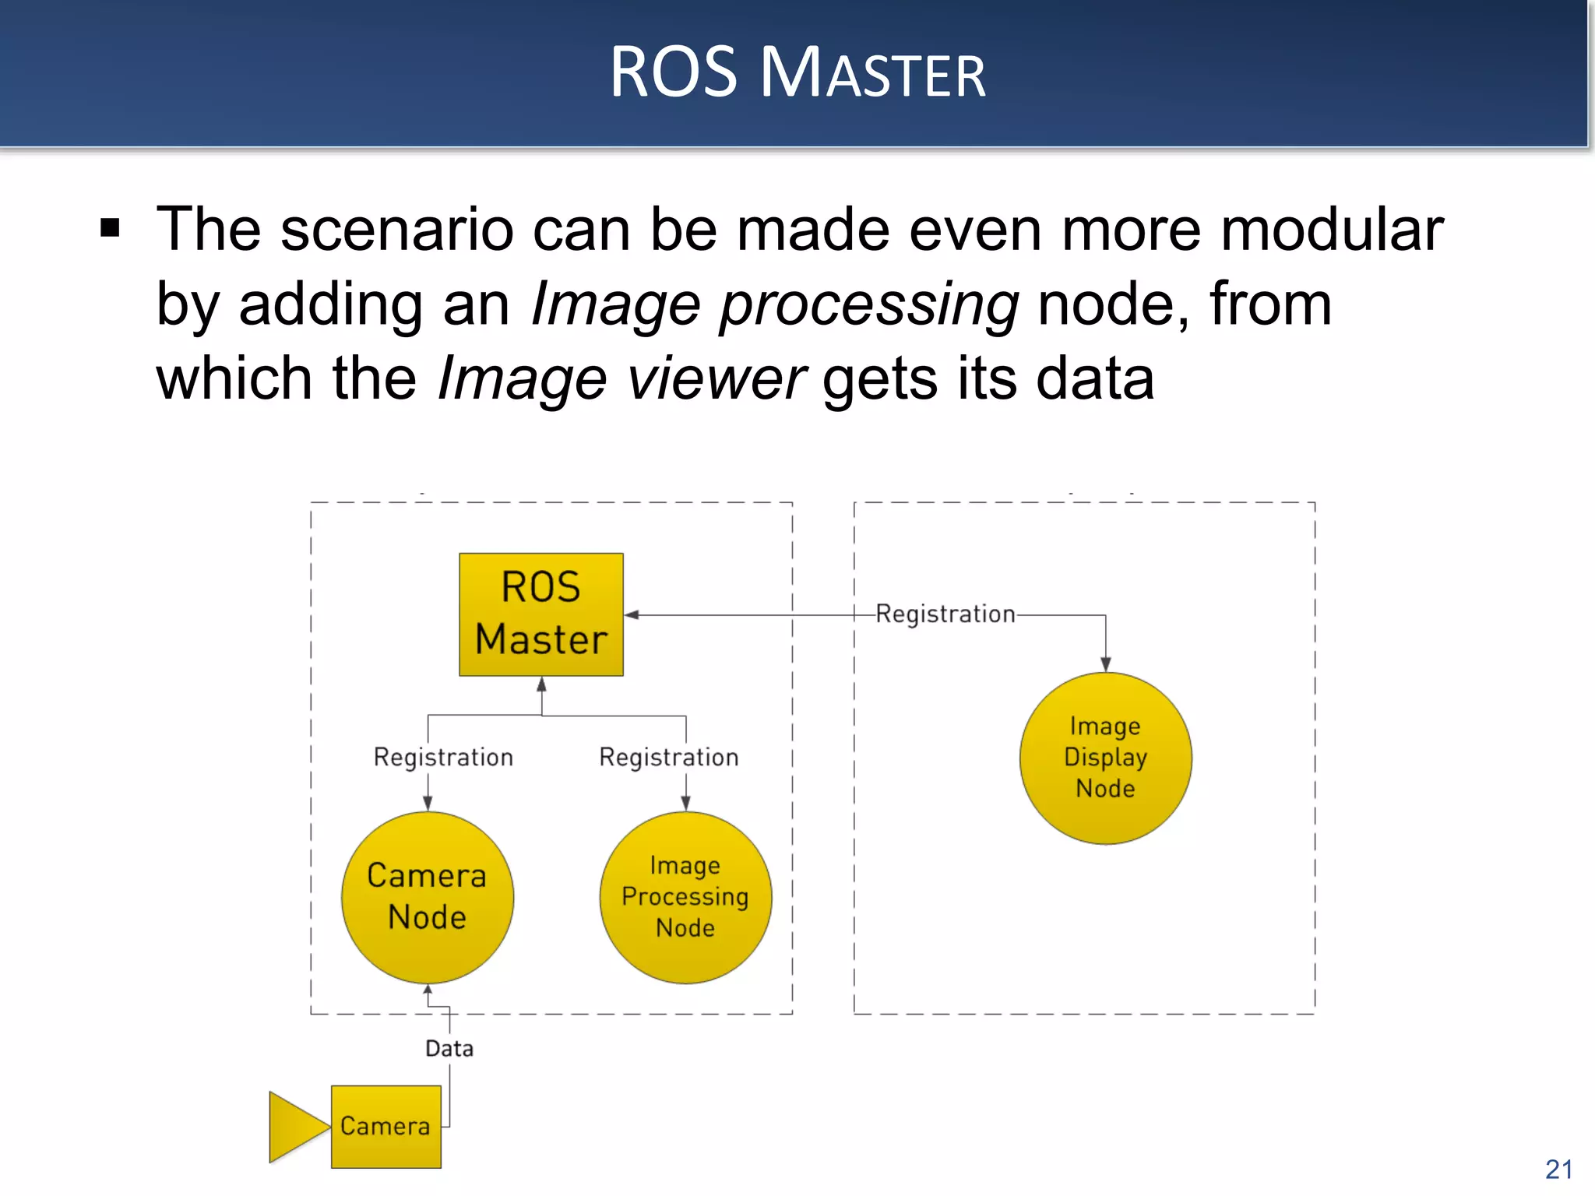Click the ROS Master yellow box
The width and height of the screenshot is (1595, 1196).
tap(540, 614)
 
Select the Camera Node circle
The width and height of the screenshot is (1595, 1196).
tap(428, 897)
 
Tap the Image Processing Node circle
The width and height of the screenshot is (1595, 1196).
tap(685, 897)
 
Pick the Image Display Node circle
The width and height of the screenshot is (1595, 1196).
tap(1105, 758)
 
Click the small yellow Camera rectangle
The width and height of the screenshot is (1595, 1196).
tap(386, 1126)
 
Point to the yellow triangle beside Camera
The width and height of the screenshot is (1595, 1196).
tap(296, 1126)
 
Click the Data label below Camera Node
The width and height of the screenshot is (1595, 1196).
tap(449, 1049)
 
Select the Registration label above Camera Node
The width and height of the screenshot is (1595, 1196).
tap(443, 757)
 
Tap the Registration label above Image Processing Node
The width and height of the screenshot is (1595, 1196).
tap(668, 757)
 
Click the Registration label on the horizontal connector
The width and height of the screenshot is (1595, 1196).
tap(945, 614)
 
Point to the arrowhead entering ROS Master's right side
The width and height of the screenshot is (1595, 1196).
tap(632, 615)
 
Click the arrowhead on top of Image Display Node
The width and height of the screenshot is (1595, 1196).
tap(1105, 664)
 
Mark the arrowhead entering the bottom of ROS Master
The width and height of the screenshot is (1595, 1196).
tap(541, 684)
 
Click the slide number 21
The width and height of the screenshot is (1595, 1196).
tap(1558, 1170)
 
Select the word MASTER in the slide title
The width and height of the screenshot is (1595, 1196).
tap(872, 74)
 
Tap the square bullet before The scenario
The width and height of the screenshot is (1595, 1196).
tap(111, 229)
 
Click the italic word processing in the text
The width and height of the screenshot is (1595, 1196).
tap(868, 305)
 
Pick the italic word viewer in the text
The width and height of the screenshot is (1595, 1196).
tap(717, 379)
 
